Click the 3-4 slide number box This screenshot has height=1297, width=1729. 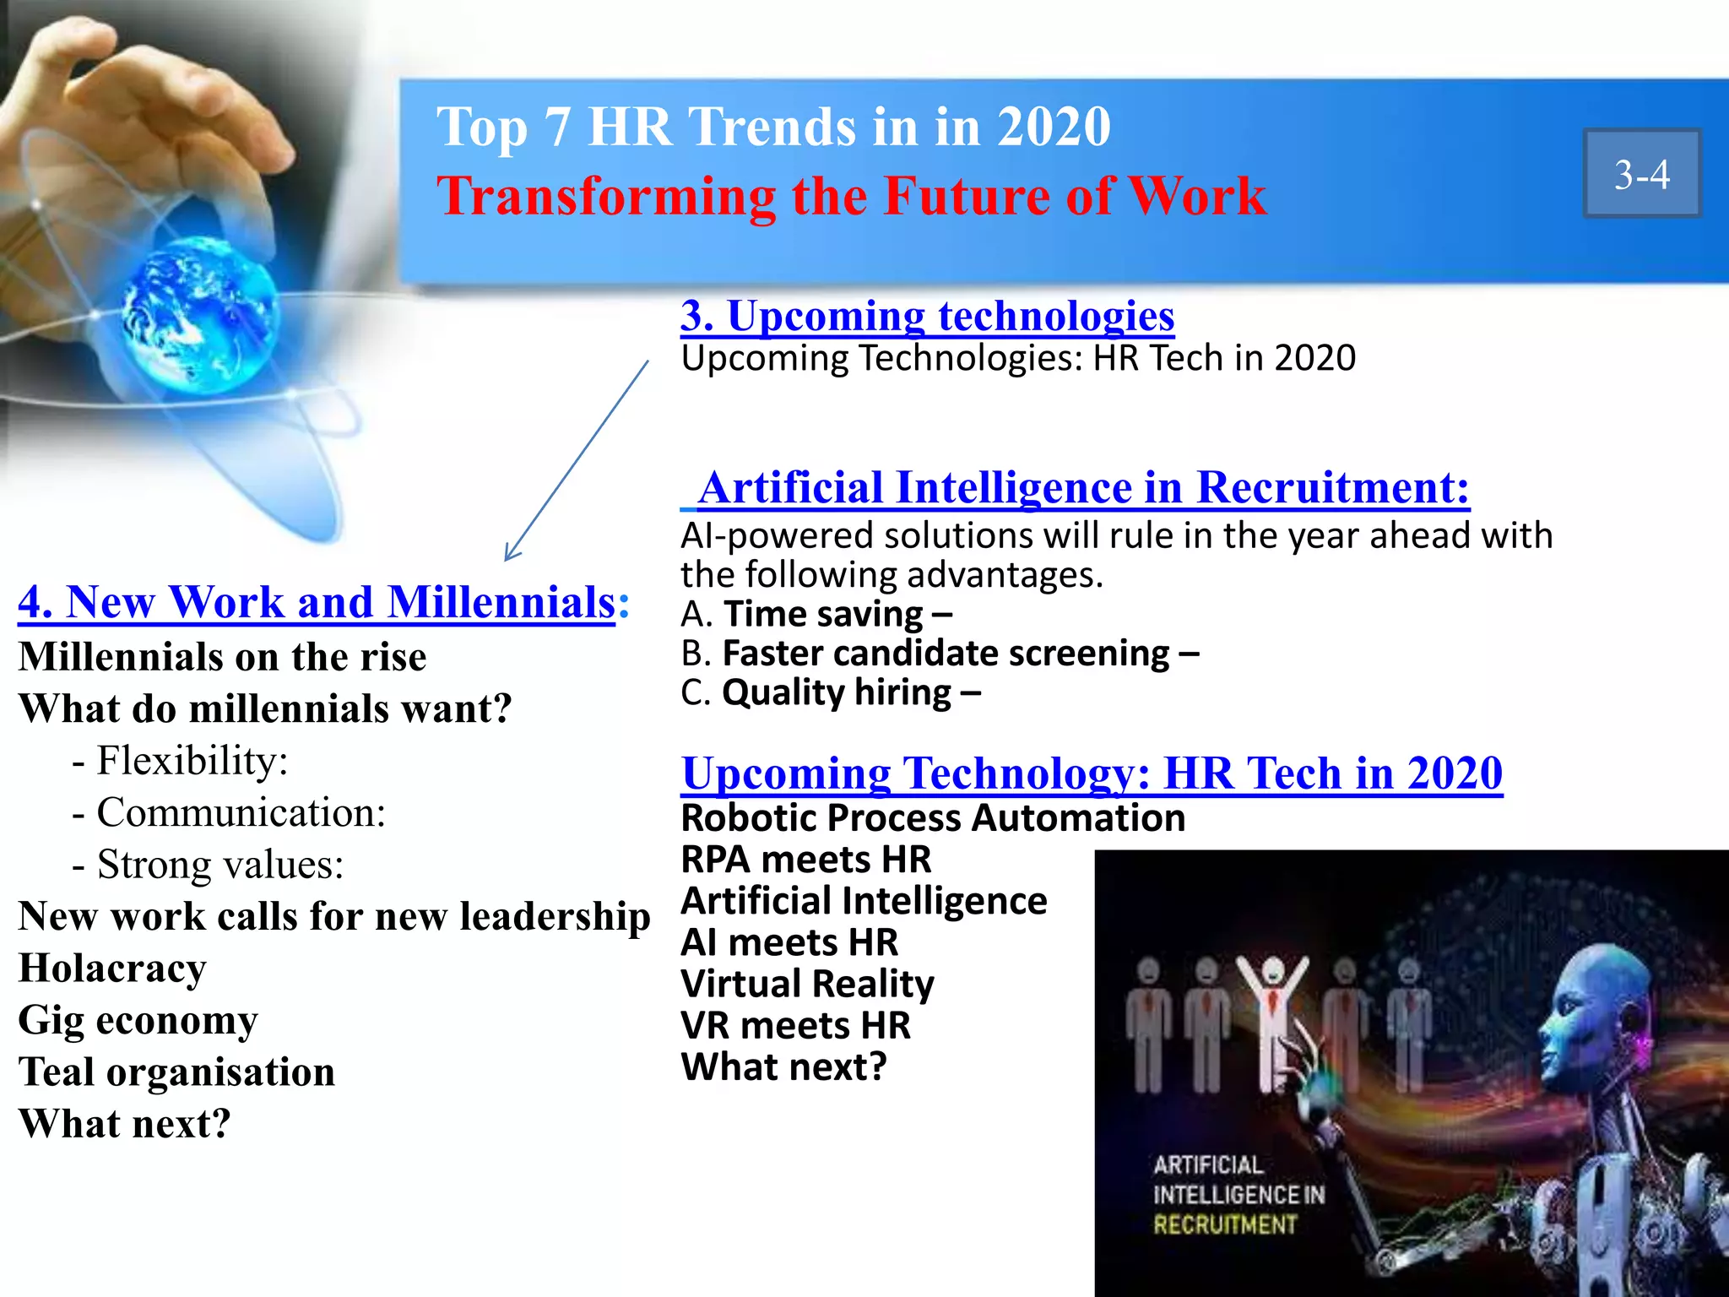click(1641, 174)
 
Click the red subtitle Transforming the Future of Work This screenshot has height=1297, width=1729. click(851, 196)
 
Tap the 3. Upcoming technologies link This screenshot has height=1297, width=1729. click(927, 316)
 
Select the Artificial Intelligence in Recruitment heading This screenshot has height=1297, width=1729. click(1083, 487)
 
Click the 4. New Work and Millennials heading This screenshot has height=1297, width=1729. click(317, 602)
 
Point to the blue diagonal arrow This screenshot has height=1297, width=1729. click(577, 460)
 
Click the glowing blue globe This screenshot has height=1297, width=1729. click(201, 312)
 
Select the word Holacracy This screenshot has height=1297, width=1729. click(112, 968)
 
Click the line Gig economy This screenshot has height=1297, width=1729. click(138, 1020)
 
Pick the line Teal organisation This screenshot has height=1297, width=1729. click(176, 1072)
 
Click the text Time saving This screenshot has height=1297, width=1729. click(823, 614)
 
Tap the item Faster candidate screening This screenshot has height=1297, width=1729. click(946, 654)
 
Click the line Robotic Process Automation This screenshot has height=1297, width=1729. click(933, 817)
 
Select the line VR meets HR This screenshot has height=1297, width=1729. click(795, 1025)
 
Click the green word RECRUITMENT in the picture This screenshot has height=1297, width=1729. click(1224, 1224)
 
